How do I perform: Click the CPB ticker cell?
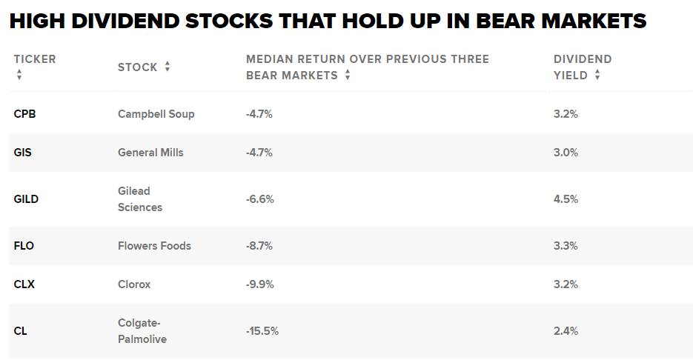coord(24,114)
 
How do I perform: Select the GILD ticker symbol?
coord(26,199)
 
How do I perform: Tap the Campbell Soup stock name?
coord(156,114)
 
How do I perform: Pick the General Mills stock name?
coord(150,153)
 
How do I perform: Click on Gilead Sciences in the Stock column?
coord(139,199)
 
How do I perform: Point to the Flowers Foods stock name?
coord(154,246)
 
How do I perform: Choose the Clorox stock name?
coord(134,284)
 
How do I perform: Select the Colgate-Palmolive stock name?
coord(142,331)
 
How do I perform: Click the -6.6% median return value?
coord(259,199)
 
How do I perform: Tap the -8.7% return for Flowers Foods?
coord(259,246)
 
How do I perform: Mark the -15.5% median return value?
coord(262,331)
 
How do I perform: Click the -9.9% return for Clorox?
coord(259,284)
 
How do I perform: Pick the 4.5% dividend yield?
coord(566,199)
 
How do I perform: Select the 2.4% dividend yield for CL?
coord(566,331)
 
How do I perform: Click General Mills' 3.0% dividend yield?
coord(566,153)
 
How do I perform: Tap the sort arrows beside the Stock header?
coord(168,67)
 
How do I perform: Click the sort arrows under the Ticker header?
coord(19,75)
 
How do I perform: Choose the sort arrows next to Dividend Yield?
coord(597,75)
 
